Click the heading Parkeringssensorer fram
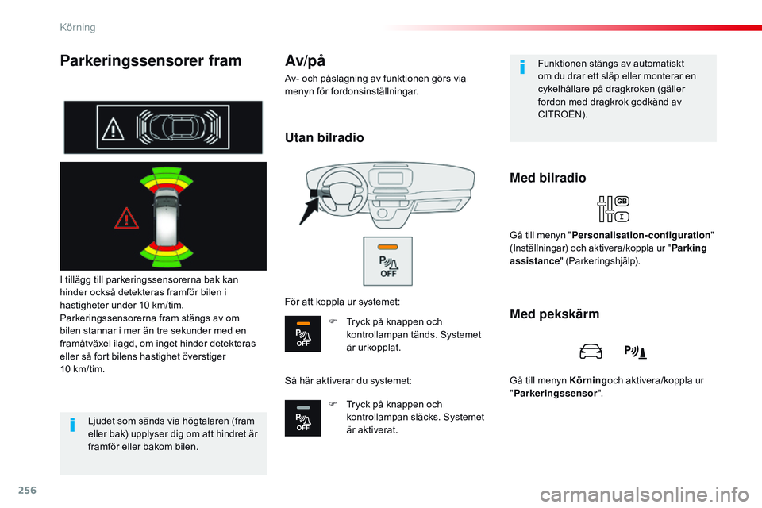(x=150, y=61)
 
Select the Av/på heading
(x=305, y=60)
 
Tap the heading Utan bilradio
(x=324, y=138)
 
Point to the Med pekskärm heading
(x=554, y=314)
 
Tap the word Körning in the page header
(x=78, y=27)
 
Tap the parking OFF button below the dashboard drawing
(x=387, y=261)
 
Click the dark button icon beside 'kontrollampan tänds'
(x=303, y=334)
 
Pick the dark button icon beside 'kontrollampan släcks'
(x=303, y=418)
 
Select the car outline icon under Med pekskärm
(x=591, y=351)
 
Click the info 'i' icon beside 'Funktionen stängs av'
(x=521, y=67)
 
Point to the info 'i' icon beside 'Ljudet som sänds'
(x=72, y=427)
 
